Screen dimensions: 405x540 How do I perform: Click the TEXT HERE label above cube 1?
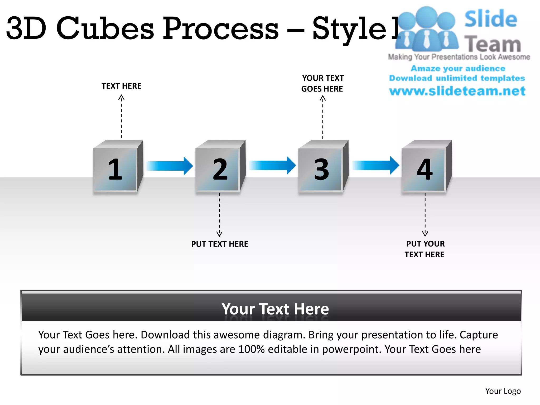click(x=122, y=86)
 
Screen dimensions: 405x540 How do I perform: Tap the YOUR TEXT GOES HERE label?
click(x=322, y=83)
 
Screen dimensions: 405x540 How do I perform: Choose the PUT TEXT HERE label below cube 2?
click(x=220, y=244)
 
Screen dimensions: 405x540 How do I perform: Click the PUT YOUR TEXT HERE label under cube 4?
click(x=425, y=249)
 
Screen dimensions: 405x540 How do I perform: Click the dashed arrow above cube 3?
click(x=323, y=117)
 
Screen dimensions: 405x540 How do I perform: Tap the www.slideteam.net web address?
click(x=457, y=91)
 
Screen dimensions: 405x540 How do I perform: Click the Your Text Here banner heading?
click(x=275, y=309)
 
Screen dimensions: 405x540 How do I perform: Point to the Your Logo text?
click(x=503, y=391)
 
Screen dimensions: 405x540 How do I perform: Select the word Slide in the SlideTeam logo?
click(x=491, y=19)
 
